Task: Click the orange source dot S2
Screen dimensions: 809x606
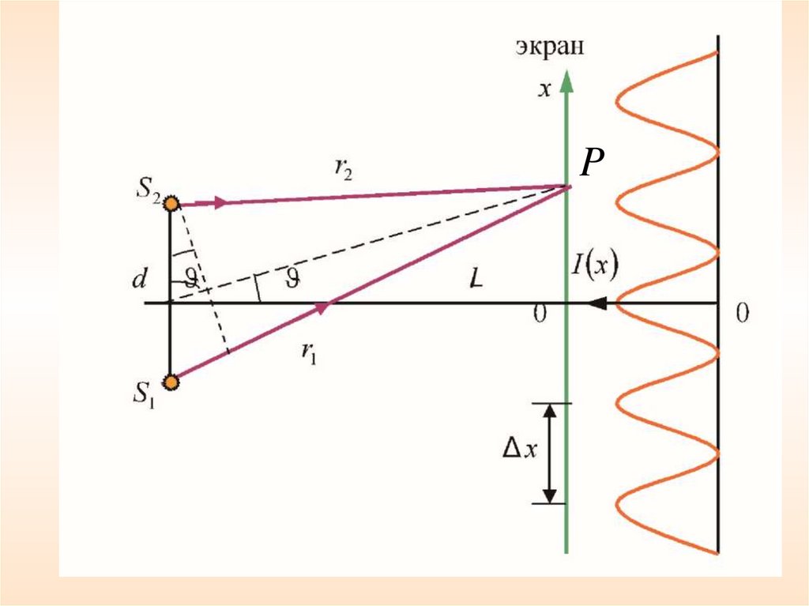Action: [171, 203]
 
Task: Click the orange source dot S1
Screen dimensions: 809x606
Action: [171, 382]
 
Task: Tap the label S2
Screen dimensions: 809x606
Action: [148, 192]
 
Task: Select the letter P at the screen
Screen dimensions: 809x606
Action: [593, 164]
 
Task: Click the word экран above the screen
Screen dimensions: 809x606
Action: [551, 47]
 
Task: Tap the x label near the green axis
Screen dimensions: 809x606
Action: [544, 89]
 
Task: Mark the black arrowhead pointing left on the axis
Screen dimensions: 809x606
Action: [598, 303]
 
